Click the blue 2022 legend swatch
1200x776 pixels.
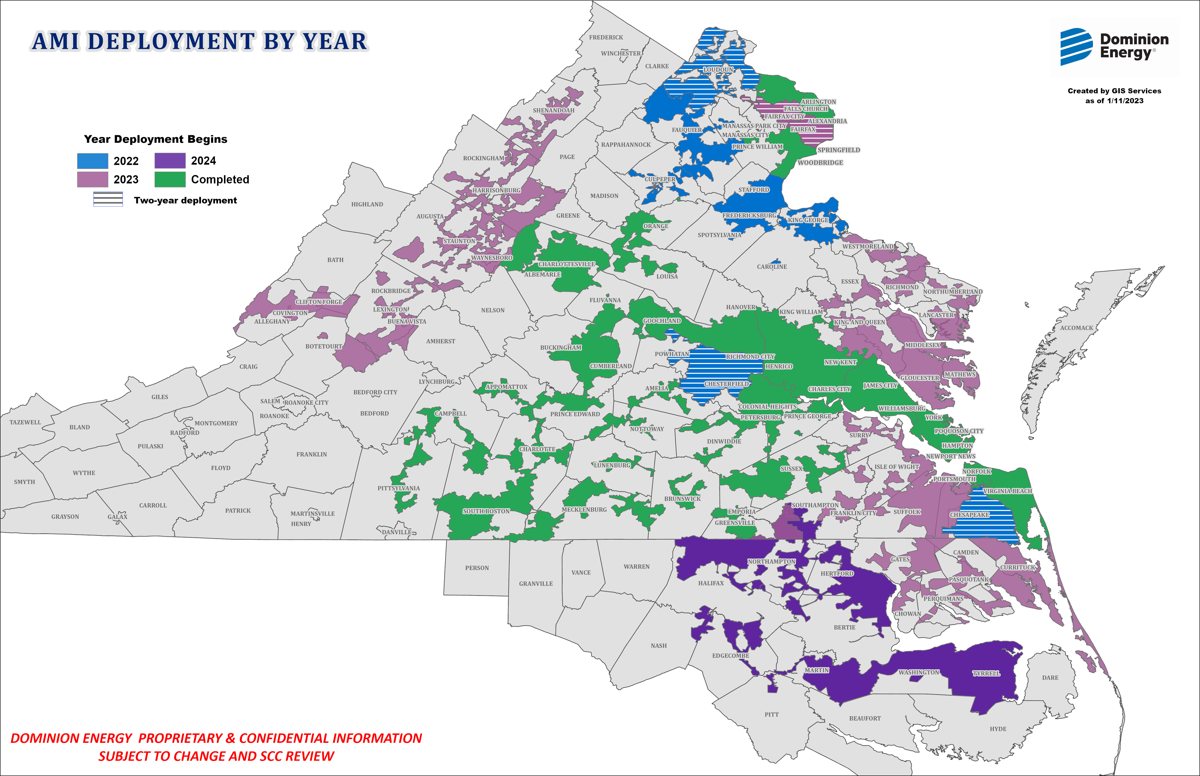click(92, 161)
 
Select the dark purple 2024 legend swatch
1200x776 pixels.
click(169, 161)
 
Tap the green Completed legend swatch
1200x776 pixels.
click(169, 179)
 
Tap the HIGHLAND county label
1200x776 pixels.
click(367, 204)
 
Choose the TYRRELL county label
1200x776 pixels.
click(986, 673)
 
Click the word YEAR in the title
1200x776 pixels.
click(334, 41)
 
